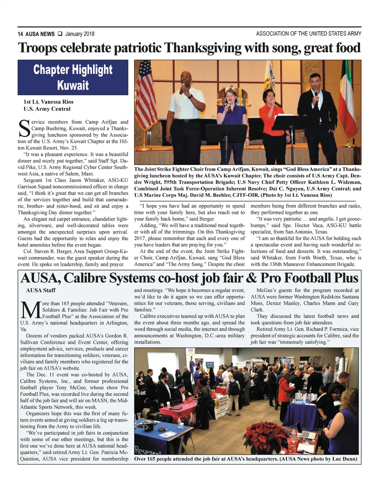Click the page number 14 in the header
(x=20, y=34)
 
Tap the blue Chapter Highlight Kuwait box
(x=73, y=77)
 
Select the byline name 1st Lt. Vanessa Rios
(x=48, y=102)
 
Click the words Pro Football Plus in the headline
(x=309, y=278)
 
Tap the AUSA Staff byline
(x=41, y=290)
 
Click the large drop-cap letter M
(x=30, y=311)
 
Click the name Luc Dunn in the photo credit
(x=345, y=459)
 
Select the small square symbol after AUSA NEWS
(x=60, y=34)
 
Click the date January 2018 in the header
(x=80, y=34)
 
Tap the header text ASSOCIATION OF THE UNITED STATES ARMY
(x=309, y=34)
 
